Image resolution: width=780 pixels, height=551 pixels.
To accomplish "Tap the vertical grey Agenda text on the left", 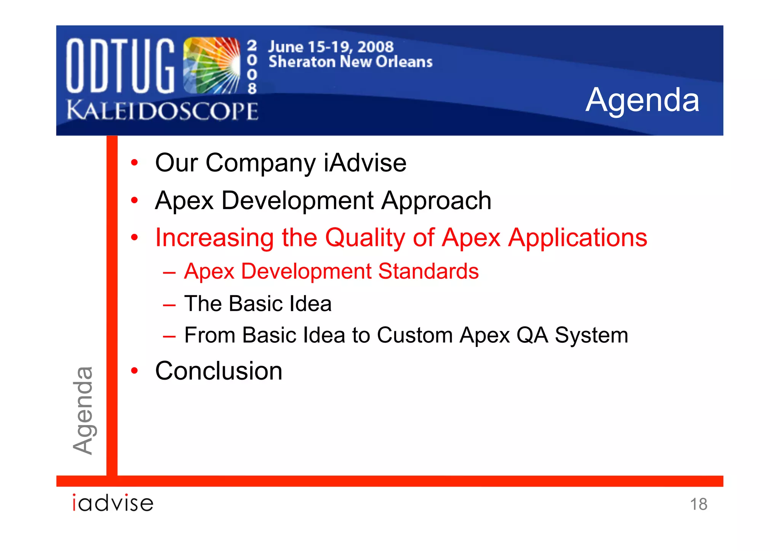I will (x=83, y=410).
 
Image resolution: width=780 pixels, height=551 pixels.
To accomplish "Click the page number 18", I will (x=698, y=504).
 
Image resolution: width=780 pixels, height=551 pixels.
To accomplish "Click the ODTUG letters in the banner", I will (x=120, y=65).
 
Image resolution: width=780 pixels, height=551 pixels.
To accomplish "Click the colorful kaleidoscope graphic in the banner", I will (x=212, y=65).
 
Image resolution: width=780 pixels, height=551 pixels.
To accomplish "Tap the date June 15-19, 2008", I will (x=331, y=47).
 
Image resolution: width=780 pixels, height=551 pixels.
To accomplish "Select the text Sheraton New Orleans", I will (x=350, y=62).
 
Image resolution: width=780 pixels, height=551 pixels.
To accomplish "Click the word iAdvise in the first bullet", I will (x=365, y=163).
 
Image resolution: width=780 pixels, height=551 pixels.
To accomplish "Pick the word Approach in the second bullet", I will (x=436, y=201).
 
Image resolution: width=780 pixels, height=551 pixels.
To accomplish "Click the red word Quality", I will (x=365, y=238).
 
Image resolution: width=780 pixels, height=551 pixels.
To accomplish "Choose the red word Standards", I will (x=428, y=272).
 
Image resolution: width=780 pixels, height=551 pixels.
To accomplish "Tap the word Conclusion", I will (x=219, y=371).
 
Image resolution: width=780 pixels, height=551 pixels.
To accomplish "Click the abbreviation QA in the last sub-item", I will (x=532, y=335).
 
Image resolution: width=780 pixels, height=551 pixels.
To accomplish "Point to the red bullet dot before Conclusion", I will (x=134, y=371).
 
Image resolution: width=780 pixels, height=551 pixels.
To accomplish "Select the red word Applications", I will (x=578, y=238).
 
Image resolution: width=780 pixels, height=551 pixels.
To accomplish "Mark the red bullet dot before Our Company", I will (x=134, y=163).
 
